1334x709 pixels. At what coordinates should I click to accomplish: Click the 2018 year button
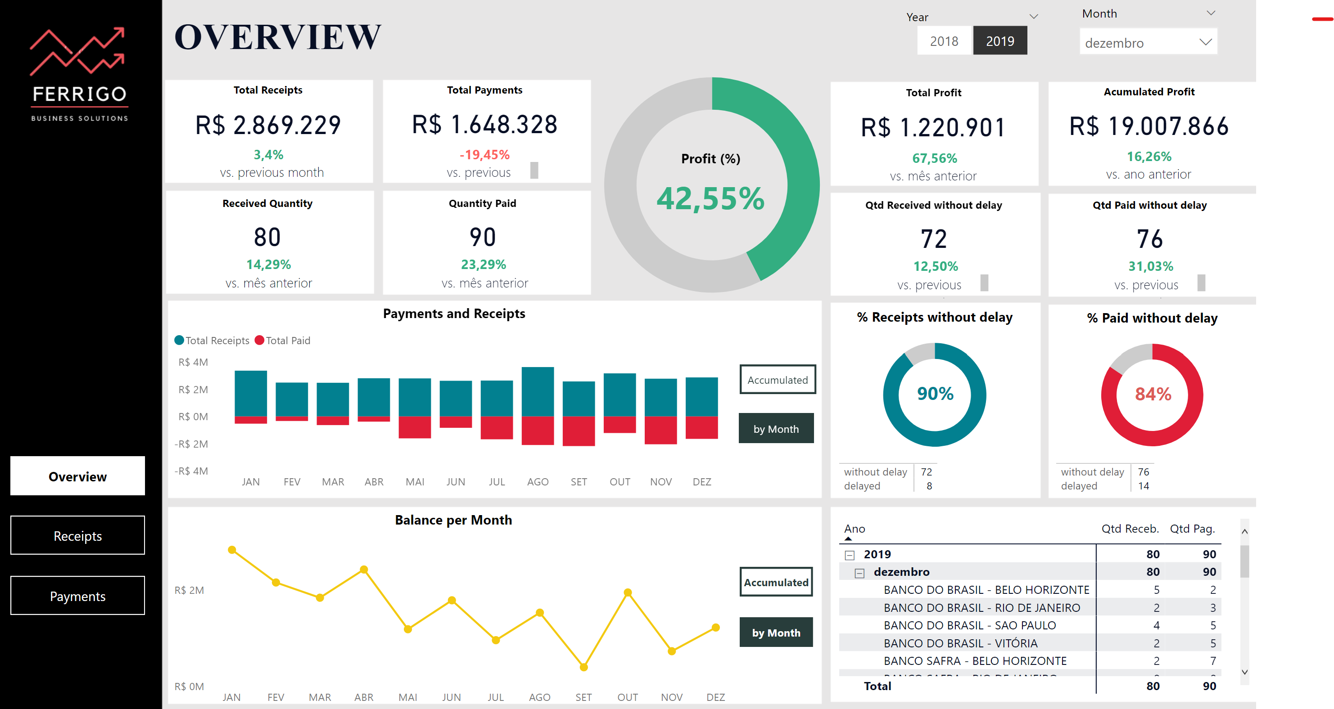(944, 41)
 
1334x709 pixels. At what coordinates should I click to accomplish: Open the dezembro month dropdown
(1148, 42)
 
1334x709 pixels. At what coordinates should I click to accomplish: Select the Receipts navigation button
(78, 536)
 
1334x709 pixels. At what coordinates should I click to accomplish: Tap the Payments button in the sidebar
(78, 596)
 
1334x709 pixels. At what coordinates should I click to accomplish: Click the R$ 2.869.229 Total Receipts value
(268, 125)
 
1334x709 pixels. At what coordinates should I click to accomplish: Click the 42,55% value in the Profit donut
(710, 199)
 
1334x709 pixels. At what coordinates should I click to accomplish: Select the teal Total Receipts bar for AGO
(538, 392)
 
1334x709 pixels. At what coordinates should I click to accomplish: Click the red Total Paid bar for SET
(579, 431)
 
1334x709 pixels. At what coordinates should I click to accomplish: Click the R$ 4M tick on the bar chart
(193, 362)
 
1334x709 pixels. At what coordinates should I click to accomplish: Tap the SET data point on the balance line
(583, 667)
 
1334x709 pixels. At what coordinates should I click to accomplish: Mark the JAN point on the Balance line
(232, 550)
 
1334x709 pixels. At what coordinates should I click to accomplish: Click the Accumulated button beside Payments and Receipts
(777, 380)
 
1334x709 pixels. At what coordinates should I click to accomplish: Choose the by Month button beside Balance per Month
(776, 633)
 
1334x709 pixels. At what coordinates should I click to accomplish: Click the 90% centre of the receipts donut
(935, 394)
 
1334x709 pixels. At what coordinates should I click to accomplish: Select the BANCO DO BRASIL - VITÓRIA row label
(960, 643)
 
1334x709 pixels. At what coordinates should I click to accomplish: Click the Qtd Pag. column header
(1192, 529)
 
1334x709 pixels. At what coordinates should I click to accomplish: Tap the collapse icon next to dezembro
(859, 573)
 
